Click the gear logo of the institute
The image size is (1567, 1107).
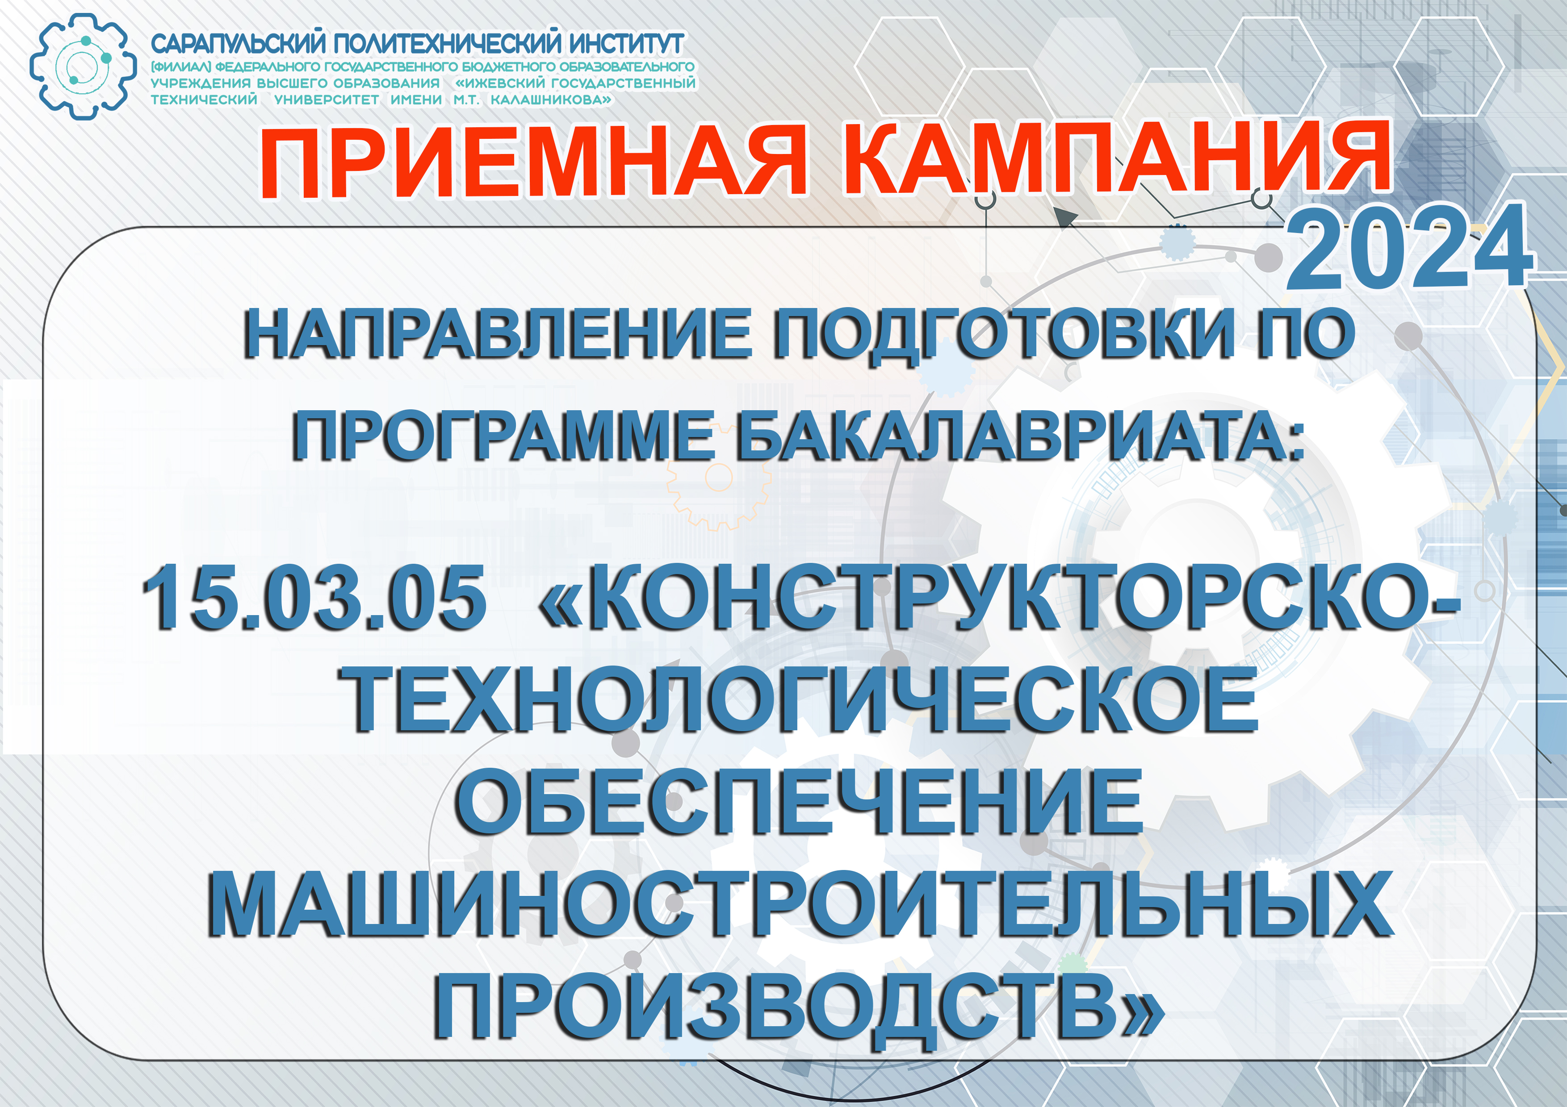coord(83,67)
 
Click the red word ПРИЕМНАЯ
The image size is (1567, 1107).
coord(533,162)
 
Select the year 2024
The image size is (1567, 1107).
coord(1409,246)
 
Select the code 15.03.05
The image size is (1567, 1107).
coord(314,597)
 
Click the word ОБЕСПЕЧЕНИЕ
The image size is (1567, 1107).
coord(799,801)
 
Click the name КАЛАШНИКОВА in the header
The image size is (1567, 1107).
coord(545,100)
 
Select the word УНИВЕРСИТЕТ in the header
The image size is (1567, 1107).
coord(326,100)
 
